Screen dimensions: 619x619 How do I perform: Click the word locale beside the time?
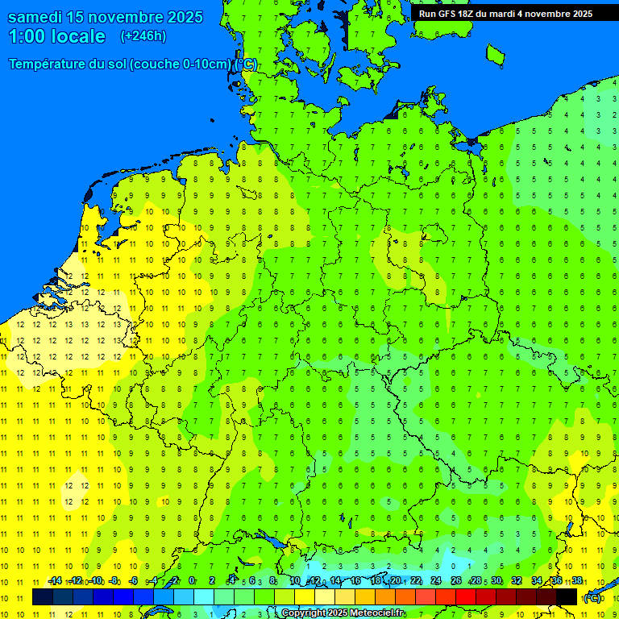pos(77,36)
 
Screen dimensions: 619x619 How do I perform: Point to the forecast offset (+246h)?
pos(143,36)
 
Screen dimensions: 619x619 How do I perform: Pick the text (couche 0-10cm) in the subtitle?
pos(181,64)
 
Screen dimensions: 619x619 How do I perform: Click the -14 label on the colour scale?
pos(55,581)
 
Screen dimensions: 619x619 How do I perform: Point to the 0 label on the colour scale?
pos(192,581)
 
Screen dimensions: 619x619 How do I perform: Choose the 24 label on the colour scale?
pos(436,581)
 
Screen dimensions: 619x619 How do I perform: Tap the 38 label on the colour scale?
pos(577,581)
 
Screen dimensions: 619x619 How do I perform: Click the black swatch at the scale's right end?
pos(567,597)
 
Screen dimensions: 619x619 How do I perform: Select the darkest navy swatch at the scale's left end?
pos(42,597)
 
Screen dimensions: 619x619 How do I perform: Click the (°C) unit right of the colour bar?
pos(592,598)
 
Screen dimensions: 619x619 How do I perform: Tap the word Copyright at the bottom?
pos(303,613)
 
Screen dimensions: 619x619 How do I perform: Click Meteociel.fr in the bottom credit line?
pos(376,613)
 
